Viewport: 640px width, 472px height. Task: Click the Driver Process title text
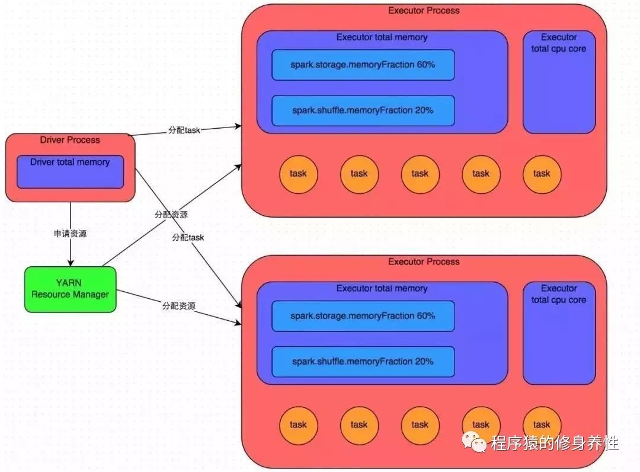click(70, 140)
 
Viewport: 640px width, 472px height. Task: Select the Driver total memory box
click(70, 171)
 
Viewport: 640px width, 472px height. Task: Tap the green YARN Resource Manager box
click(70, 289)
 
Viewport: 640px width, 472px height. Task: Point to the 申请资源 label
click(70, 234)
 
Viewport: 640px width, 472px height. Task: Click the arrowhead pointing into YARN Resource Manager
click(70, 263)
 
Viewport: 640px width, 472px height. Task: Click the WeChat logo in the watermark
click(474, 442)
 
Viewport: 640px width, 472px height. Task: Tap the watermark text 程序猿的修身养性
click(555, 443)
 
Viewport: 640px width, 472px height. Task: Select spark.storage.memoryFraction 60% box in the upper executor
click(363, 65)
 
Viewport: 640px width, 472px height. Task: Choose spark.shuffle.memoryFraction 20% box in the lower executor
click(363, 362)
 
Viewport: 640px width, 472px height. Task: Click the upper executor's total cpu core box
click(559, 82)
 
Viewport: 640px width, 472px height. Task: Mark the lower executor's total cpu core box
click(559, 333)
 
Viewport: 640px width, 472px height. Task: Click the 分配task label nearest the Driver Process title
click(184, 130)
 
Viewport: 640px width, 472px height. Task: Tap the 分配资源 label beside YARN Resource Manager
click(179, 306)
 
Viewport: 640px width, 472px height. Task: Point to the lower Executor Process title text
click(424, 261)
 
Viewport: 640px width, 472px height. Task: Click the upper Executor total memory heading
click(382, 37)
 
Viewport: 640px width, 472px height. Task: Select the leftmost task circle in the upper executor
click(298, 174)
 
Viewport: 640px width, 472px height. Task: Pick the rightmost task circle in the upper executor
click(542, 174)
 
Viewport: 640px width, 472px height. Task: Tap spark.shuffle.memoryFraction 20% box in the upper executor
click(363, 111)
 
